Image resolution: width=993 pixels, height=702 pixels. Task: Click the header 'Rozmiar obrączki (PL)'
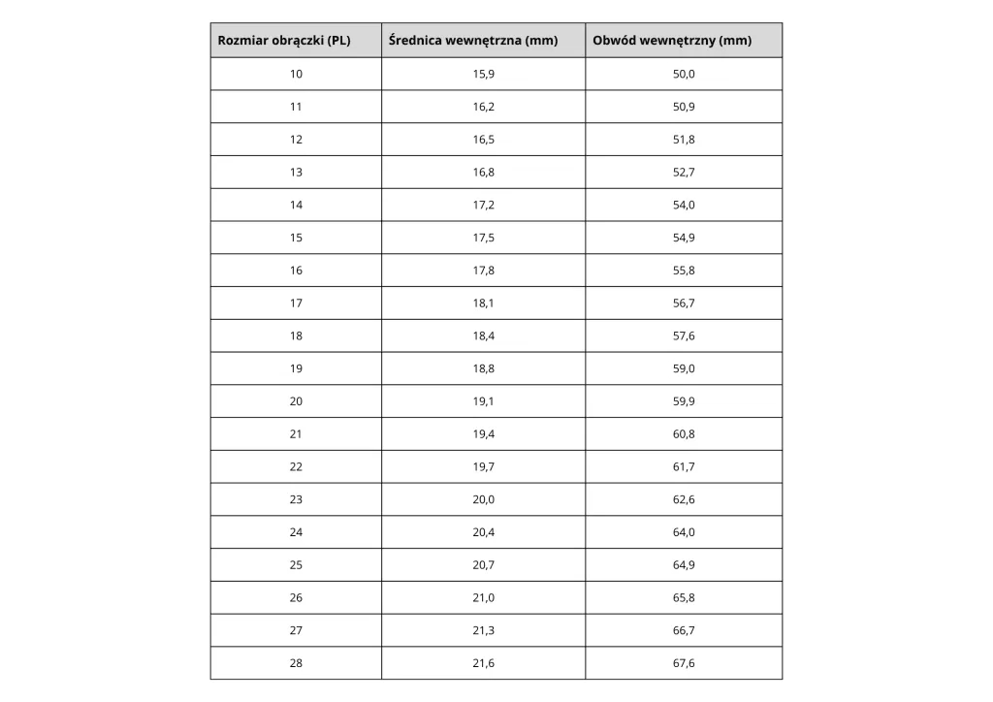pos(284,41)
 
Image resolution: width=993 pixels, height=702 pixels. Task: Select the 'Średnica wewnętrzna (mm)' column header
pos(472,41)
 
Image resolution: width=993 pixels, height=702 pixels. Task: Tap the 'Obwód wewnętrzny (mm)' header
pos(672,41)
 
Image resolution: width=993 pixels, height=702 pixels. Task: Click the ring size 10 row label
pos(296,74)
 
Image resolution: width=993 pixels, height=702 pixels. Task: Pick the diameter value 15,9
pos(484,74)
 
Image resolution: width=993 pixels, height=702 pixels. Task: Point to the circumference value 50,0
pos(684,74)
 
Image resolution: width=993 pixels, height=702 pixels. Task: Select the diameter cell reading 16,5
pos(484,140)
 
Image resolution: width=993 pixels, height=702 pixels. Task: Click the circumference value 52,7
pos(684,173)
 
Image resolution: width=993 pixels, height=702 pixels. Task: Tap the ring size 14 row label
pos(296,205)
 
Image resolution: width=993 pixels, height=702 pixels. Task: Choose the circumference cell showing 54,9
pos(684,238)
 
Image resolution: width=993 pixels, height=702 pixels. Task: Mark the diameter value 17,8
pos(484,271)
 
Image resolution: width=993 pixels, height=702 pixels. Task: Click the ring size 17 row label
pos(296,303)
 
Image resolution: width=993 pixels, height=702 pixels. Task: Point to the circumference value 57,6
pos(684,336)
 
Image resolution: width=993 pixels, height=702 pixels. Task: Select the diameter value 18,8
pos(484,368)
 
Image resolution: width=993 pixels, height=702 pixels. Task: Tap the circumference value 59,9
pos(684,401)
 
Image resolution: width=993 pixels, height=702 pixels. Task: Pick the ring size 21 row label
pos(296,434)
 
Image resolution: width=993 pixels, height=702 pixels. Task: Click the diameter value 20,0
pos(484,499)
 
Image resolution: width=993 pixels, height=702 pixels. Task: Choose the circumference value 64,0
pos(684,532)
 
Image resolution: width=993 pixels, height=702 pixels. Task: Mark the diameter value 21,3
pos(484,630)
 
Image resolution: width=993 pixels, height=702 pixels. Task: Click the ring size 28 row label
pos(296,663)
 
